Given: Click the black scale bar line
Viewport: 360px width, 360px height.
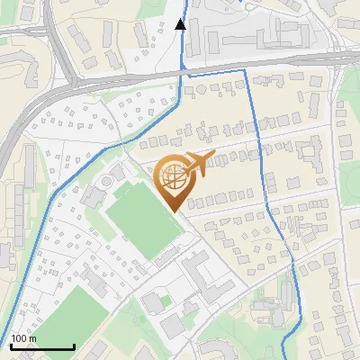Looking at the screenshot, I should [41, 347].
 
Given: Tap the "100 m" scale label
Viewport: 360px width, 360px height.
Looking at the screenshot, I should [24, 339].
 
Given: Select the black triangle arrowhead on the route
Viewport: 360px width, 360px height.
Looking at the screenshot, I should [181, 24].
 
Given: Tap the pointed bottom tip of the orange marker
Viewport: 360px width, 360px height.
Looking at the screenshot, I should [175, 212].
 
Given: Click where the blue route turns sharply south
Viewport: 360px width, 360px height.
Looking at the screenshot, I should [246, 69].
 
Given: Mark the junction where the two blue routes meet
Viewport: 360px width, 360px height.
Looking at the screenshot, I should [184, 76].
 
